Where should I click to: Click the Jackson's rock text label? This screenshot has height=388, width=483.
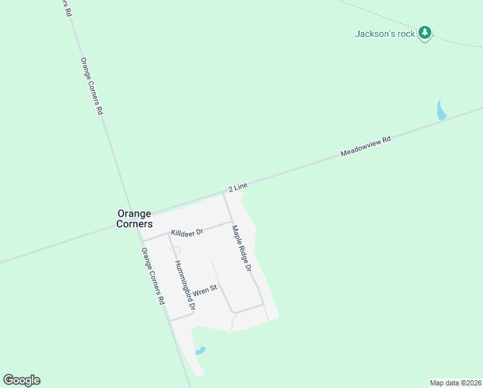(x=385, y=34)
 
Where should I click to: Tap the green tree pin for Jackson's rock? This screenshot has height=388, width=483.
(x=424, y=32)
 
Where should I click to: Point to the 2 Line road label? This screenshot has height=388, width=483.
(x=238, y=188)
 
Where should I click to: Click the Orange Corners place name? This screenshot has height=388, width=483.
(x=134, y=219)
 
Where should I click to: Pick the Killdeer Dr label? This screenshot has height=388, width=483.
(x=187, y=232)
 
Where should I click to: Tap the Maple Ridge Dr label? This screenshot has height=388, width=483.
(x=240, y=247)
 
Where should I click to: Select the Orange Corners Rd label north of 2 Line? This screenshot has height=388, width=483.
(x=92, y=86)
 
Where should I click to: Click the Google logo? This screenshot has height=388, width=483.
(x=21, y=380)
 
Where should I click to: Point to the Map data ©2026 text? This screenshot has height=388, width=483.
(x=455, y=382)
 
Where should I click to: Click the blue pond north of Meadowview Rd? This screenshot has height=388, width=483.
(x=441, y=111)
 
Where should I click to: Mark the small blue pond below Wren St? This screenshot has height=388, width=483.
(x=200, y=350)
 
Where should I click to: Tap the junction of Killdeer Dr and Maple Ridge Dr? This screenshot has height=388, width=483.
(x=232, y=222)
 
